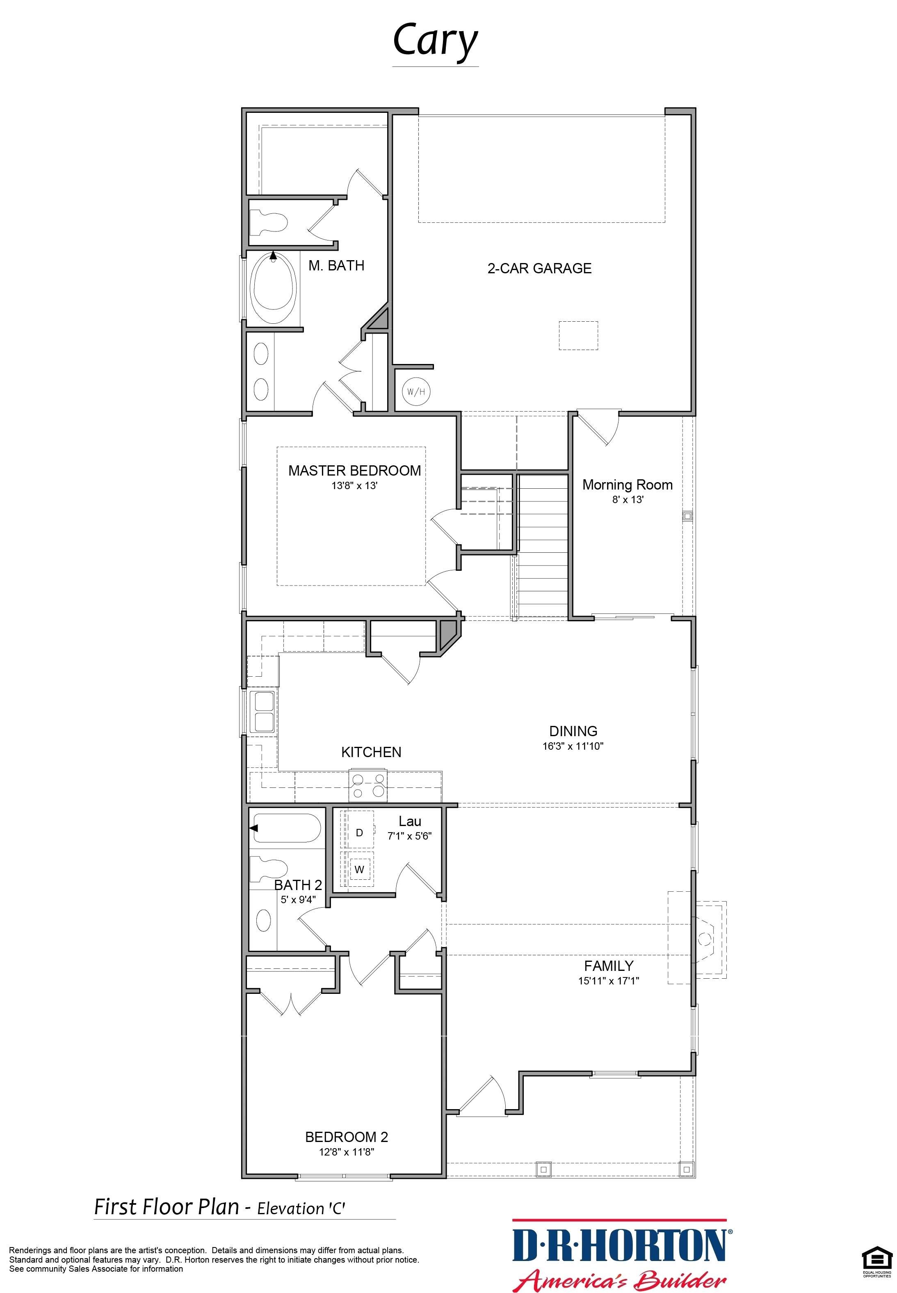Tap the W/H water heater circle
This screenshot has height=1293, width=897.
click(x=416, y=391)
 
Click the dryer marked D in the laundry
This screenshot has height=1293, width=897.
click(x=359, y=832)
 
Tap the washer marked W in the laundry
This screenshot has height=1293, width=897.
click(x=359, y=869)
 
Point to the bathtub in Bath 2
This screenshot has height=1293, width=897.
click(x=287, y=828)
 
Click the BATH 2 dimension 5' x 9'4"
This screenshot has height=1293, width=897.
click(x=298, y=899)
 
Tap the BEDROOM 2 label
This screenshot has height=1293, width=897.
click(x=346, y=1137)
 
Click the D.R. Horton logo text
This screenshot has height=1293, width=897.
click(x=619, y=1245)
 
